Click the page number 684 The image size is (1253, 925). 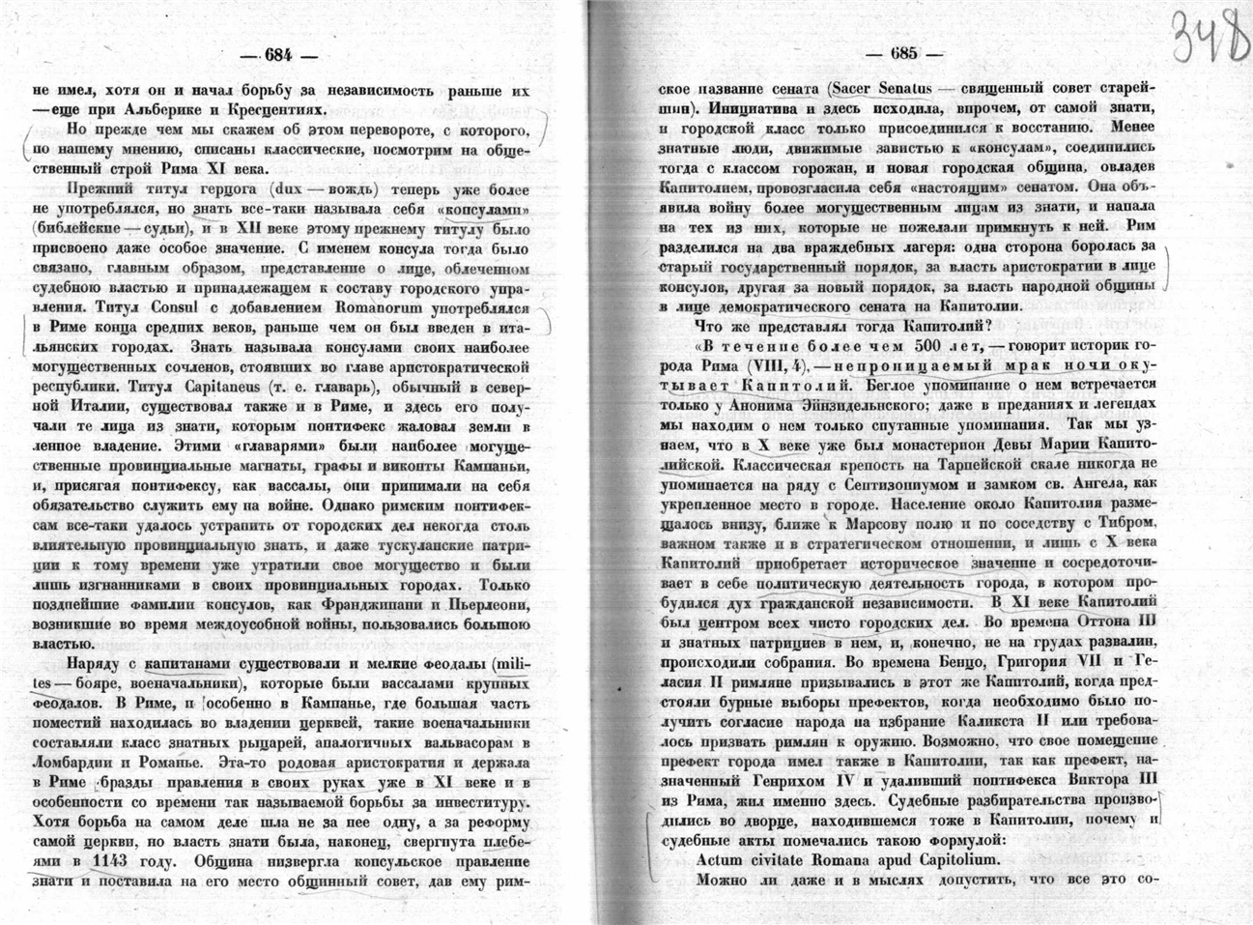click(x=271, y=54)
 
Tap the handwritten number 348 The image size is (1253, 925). click(x=1206, y=36)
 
